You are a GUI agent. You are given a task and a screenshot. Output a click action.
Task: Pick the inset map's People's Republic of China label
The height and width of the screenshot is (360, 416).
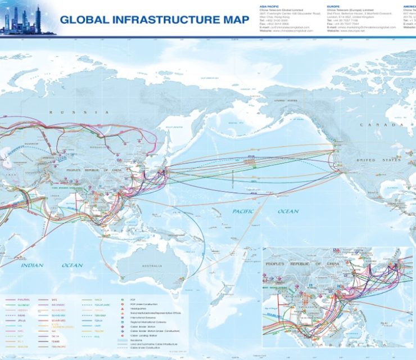297,264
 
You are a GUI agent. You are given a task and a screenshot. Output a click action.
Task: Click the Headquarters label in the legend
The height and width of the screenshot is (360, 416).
141,305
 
